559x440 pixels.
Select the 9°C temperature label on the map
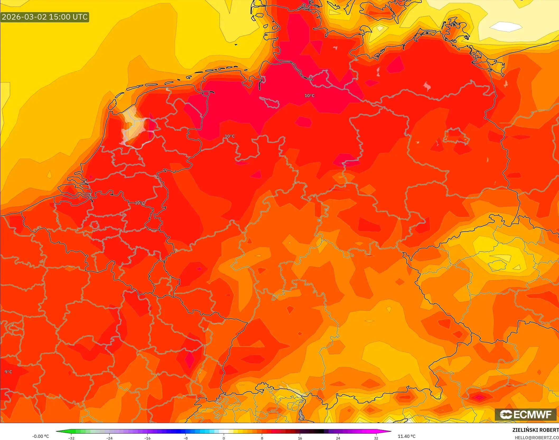pyautogui.click(x=8, y=372)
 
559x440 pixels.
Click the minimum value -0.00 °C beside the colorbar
pyautogui.click(x=40, y=436)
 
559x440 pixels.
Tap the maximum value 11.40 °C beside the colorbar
pyautogui.click(x=407, y=436)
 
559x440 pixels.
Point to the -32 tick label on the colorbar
pyautogui.click(x=71, y=438)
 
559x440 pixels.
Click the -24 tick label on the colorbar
pyautogui.click(x=109, y=438)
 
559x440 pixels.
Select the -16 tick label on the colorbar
pyautogui.click(x=147, y=438)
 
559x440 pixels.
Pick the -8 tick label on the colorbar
pyautogui.click(x=186, y=438)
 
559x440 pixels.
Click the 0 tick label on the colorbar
pyautogui.click(x=224, y=438)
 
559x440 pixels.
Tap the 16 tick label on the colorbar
pyautogui.click(x=300, y=438)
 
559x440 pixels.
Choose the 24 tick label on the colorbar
pyautogui.click(x=338, y=438)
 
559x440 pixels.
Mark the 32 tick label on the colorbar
pyautogui.click(x=376, y=438)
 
